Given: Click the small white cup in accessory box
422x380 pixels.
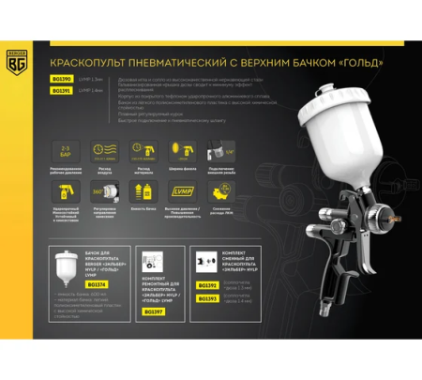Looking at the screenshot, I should pos(70,271).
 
